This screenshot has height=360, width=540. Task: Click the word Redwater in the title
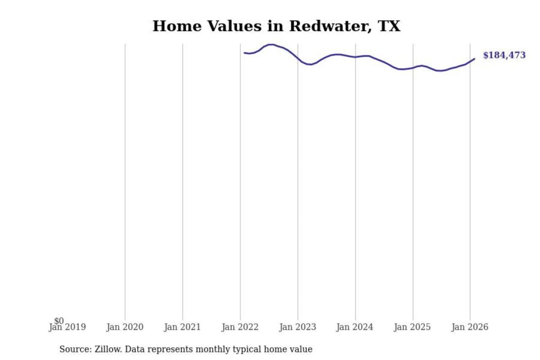click(x=330, y=26)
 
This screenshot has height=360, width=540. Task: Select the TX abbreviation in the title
click(x=389, y=26)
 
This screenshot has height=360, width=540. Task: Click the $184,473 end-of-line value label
click(x=504, y=55)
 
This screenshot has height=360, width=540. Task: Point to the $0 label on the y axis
click(x=59, y=321)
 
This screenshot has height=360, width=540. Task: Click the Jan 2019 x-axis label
click(x=67, y=327)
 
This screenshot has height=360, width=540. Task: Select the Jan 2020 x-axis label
click(x=125, y=327)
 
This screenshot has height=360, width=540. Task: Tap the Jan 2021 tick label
click(x=183, y=327)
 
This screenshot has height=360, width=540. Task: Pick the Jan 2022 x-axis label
click(x=240, y=327)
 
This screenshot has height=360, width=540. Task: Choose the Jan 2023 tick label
click(x=298, y=327)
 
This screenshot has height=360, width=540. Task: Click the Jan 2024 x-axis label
click(x=355, y=327)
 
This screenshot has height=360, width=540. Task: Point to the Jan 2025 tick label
click(x=412, y=327)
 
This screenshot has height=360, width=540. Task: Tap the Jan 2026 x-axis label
click(x=470, y=327)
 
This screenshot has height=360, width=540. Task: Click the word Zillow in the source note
click(x=108, y=349)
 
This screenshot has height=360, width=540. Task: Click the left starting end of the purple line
click(x=244, y=53)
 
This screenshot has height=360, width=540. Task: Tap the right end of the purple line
click(x=474, y=59)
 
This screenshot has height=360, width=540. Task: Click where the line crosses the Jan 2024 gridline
click(x=355, y=57)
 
